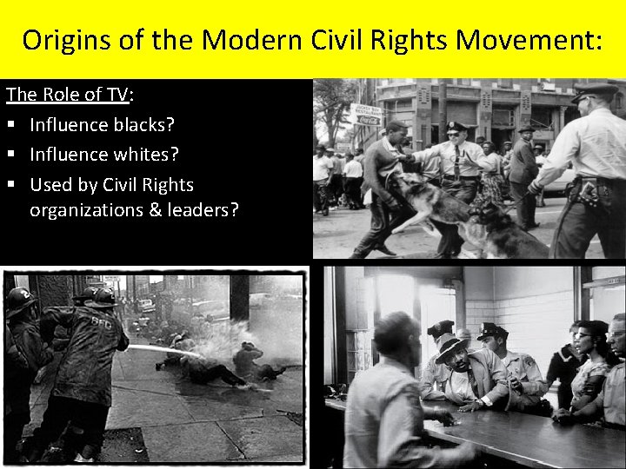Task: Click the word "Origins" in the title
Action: [x=63, y=40]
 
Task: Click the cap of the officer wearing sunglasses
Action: [x=456, y=127]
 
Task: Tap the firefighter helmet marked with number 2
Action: [x=17, y=301]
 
